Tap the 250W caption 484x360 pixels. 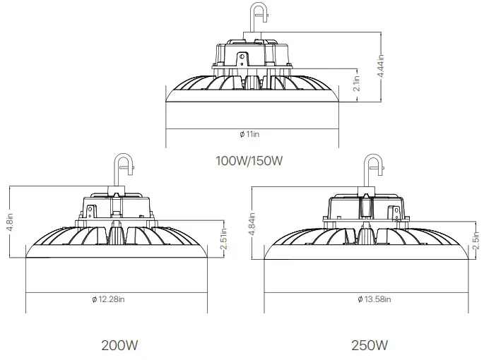pyautogui.click(x=369, y=346)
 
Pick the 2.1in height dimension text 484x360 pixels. pyautogui.click(x=358, y=83)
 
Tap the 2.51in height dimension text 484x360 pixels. pyautogui.click(x=223, y=240)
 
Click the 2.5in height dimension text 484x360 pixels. pyautogui.click(x=478, y=241)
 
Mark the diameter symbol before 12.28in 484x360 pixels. pyautogui.click(x=93, y=300)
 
